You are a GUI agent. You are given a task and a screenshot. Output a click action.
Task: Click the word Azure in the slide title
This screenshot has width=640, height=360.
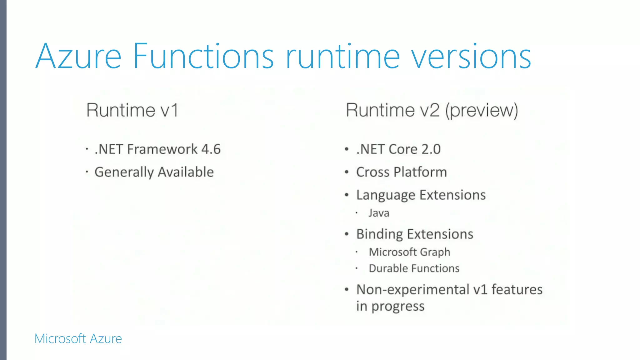[x=78, y=57]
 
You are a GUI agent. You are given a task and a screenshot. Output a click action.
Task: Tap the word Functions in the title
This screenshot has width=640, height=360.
[x=203, y=57]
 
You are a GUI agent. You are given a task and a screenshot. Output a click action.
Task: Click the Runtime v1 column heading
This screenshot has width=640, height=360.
[x=132, y=110]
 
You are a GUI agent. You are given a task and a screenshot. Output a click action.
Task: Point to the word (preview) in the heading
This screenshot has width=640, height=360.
[x=482, y=110]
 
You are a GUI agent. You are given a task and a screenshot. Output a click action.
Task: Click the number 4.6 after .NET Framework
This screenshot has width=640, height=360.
[x=211, y=149]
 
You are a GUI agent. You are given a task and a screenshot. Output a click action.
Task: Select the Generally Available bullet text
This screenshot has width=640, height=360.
[x=154, y=172]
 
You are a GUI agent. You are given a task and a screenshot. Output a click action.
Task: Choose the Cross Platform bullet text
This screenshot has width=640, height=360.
[x=402, y=172]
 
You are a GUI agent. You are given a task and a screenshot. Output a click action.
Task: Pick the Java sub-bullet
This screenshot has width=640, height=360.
[x=379, y=213]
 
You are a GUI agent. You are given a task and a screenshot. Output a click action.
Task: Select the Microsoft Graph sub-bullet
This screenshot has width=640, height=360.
[x=409, y=252]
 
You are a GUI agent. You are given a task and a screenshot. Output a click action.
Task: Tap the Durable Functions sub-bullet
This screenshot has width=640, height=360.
[x=414, y=268]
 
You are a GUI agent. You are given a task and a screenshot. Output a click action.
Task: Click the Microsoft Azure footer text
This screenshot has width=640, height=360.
[x=78, y=339]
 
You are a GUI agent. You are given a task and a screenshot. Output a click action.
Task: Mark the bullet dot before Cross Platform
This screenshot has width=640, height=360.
[x=347, y=172]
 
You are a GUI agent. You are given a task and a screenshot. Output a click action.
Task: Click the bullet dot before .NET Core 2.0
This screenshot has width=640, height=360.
[x=347, y=149]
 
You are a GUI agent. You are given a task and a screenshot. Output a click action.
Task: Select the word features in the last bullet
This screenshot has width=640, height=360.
[x=517, y=290]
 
